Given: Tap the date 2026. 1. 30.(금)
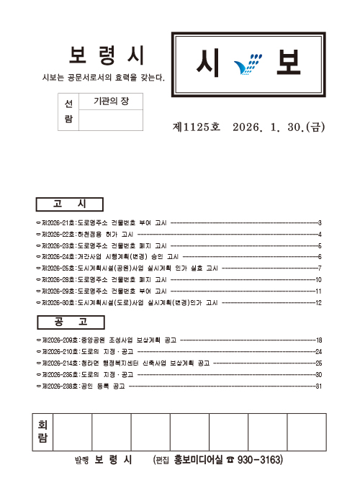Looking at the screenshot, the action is tap(279, 127).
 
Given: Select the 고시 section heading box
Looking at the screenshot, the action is tap(69, 204).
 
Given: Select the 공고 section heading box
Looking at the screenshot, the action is tap(69, 322).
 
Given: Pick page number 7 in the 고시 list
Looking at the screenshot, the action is tap(318, 268).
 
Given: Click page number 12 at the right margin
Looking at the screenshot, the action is tap(318, 302).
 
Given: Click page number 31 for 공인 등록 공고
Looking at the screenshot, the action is tap(318, 386).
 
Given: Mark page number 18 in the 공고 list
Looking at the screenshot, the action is tap(318, 340).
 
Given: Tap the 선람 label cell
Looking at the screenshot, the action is tap(68, 112).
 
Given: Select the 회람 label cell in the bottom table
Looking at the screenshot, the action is tap(42, 432).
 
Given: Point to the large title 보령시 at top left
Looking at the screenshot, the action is tap(108, 55).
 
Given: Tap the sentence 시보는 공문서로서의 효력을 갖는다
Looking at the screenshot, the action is tap(104, 77).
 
